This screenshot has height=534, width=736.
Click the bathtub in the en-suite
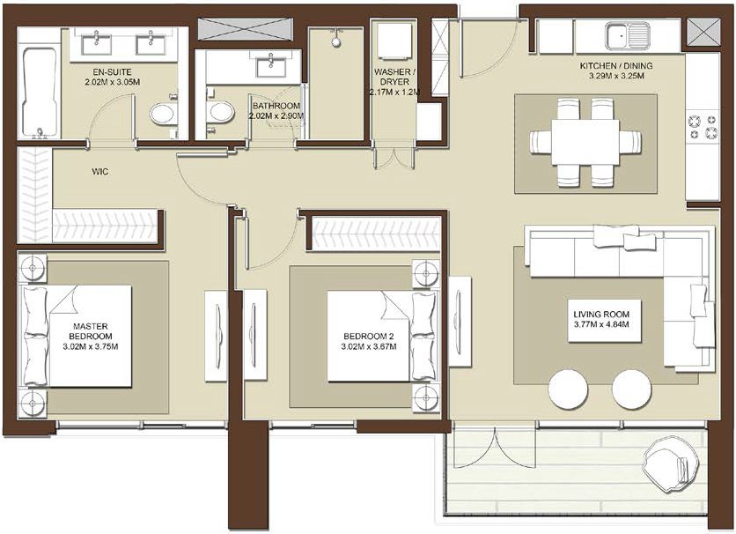(x=40, y=92)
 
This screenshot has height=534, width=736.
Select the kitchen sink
(x=627, y=36)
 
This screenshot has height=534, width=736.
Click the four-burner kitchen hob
(x=703, y=126)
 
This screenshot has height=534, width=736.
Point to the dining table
(x=585, y=142)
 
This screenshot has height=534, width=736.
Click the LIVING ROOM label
(x=600, y=315)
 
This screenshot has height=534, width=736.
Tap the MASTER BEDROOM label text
(x=90, y=331)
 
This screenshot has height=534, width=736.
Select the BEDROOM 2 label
(x=369, y=337)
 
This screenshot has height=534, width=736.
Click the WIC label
(x=100, y=172)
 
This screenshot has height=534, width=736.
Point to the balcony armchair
(x=666, y=464)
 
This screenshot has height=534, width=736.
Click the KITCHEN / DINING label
(x=616, y=66)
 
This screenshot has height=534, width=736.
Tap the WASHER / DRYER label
(x=394, y=77)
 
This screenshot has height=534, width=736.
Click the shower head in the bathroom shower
(x=335, y=41)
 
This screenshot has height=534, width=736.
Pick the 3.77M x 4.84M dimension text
(x=601, y=324)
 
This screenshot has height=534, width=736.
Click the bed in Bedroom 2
(x=383, y=336)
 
